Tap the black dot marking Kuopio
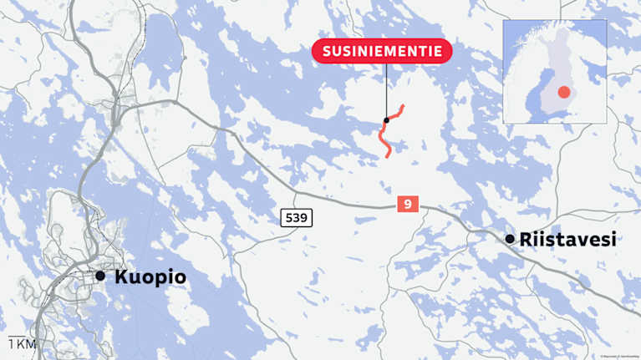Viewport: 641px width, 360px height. [100, 276]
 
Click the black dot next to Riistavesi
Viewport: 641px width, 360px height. [510, 239]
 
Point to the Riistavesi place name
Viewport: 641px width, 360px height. [568, 240]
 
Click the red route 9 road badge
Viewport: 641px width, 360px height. [407, 203]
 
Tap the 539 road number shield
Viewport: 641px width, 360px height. [296, 218]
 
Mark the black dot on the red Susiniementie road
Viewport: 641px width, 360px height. [386, 120]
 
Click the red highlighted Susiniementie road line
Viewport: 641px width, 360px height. [384, 138]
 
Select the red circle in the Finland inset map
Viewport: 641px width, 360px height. [564, 92]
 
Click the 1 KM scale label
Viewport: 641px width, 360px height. [22, 344]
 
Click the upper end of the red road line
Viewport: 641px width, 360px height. [403, 106]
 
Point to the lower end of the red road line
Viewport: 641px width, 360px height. [389, 156]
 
